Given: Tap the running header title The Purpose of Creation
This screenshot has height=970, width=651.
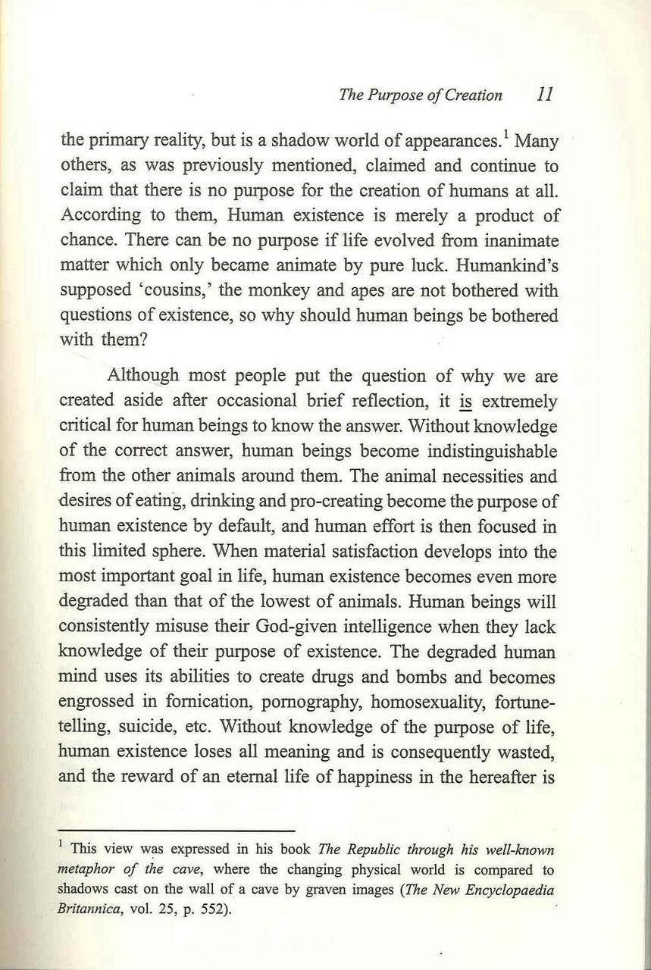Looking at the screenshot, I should [421, 95].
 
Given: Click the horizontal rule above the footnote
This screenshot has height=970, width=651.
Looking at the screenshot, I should [177, 831].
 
